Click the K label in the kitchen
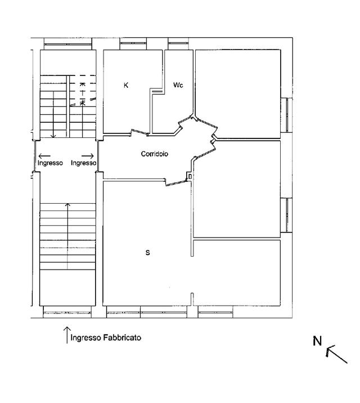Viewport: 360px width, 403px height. (x=126, y=86)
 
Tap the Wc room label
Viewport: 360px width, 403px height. (x=178, y=85)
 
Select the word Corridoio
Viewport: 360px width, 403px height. (x=155, y=154)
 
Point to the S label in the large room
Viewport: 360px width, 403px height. (x=147, y=253)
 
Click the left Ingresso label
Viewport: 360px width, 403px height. (x=50, y=163)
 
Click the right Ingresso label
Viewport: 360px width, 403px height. (x=83, y=163)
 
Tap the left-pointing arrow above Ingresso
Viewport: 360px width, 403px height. (x=44, y=156)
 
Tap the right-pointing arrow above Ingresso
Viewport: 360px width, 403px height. (x=88, y=156)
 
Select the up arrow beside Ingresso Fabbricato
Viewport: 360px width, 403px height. (x=67, y=335)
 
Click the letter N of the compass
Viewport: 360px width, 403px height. (x=317, y=341)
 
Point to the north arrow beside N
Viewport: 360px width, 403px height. (x=336, y=355)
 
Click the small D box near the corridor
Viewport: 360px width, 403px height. (x=190, y=177)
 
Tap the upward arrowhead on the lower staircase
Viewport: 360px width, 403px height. (x=67, y=205)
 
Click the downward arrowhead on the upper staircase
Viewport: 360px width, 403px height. (x=53, y=136)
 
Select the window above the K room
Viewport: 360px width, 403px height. (x=133, y=44)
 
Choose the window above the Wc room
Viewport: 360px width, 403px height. (x=178, y=44)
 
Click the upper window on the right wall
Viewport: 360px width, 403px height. (x=286, y=115)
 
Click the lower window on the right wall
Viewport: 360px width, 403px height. (x=286, y=215)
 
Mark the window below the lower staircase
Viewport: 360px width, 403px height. (x=67, y=312)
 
